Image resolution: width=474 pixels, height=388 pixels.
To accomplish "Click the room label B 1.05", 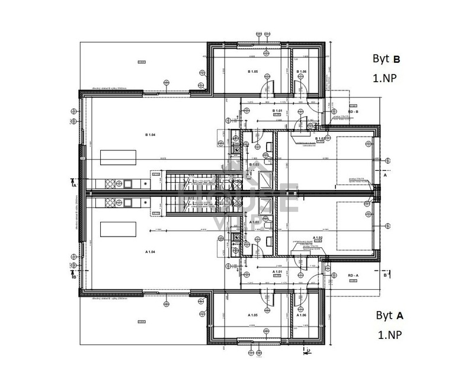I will pyautogui.click(x=252, y=72).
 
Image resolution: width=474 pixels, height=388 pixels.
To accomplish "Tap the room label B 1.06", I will pyautogui.click(x=302, y=72).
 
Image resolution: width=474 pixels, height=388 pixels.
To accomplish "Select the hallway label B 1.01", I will pyautogui.click(x=277, y=111).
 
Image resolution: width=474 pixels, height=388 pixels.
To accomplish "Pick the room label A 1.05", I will pyautogui.click(x=252, y=315).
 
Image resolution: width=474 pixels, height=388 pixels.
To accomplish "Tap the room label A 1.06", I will pyautogui.click(x=302, y=315).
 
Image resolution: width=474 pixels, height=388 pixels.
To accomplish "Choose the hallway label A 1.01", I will pyautogui.click(x=277, y=271).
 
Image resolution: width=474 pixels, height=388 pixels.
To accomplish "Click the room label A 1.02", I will pyautogui.click(x=319, y=237).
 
